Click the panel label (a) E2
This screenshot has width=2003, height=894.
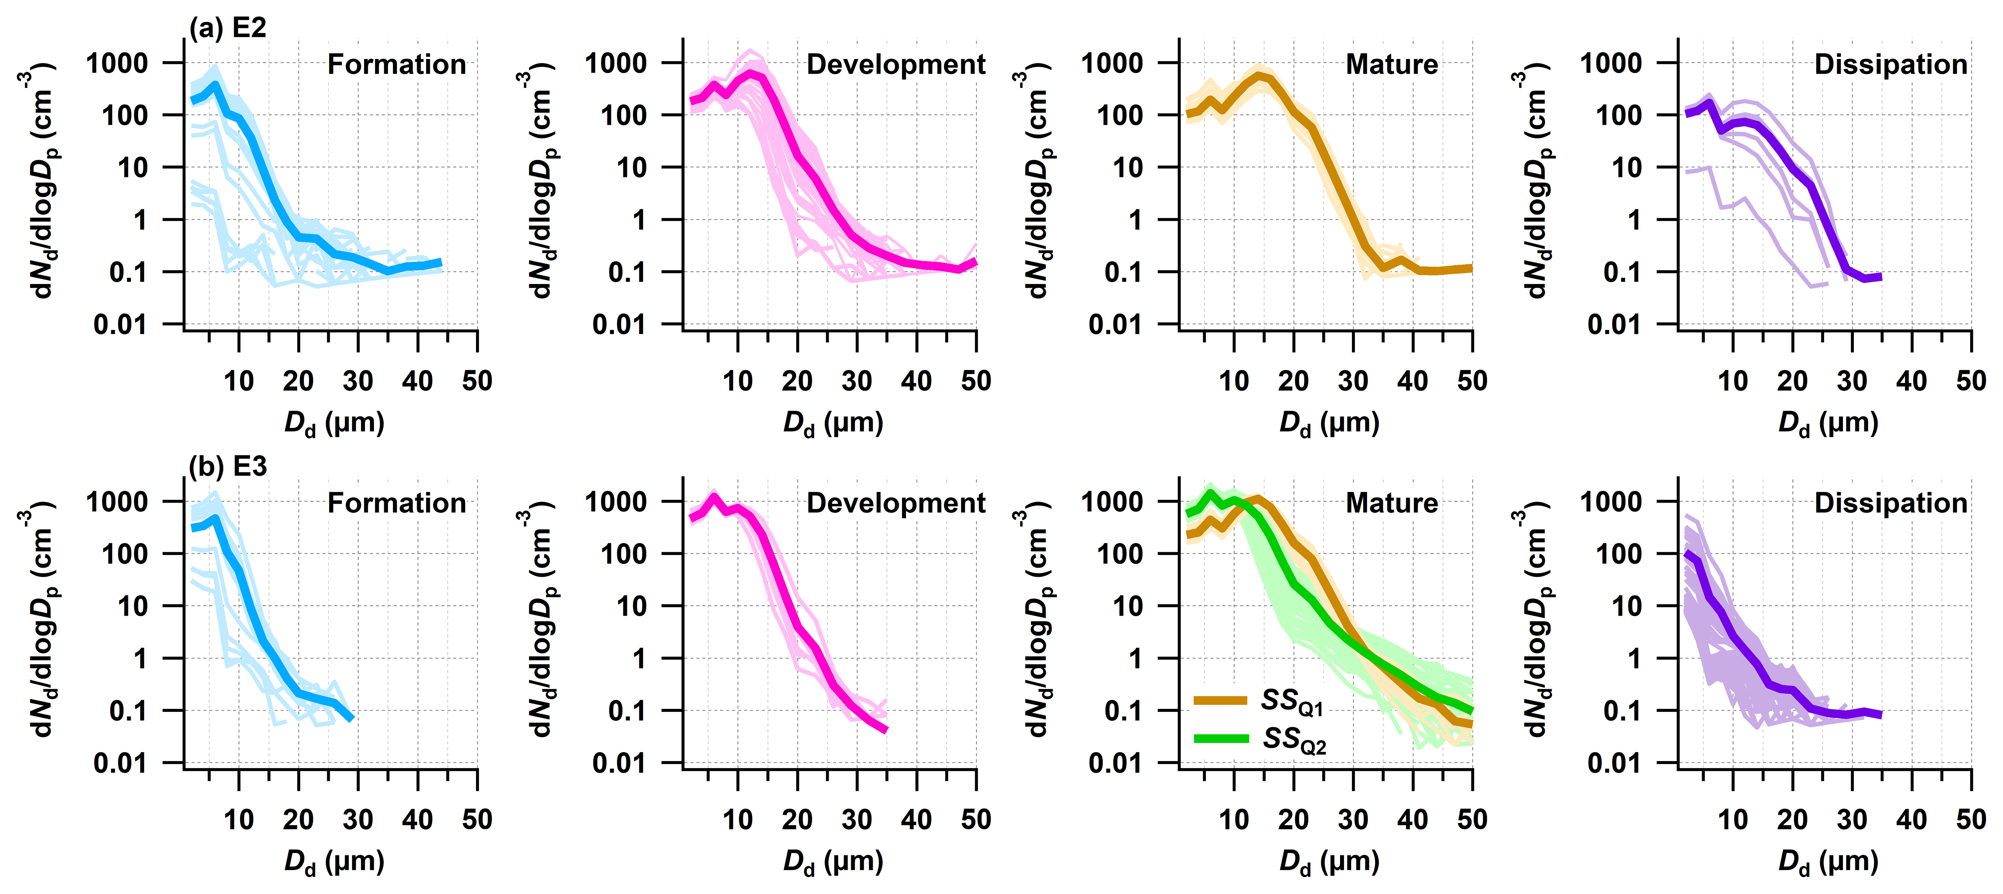pos(228,28)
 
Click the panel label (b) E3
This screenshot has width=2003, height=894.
pos(228,467)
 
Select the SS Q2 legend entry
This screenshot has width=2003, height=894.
pos(1260,738)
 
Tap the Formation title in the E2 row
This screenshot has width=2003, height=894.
pos(397,65)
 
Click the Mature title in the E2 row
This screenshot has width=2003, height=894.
pos(1392,65)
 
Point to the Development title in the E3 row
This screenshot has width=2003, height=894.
pos(896,503)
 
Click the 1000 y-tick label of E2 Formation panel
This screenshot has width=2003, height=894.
pos(116,63)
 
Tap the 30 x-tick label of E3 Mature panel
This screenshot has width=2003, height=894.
pos(1353,819)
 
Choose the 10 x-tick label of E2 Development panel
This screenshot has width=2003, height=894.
pos(737,381)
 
